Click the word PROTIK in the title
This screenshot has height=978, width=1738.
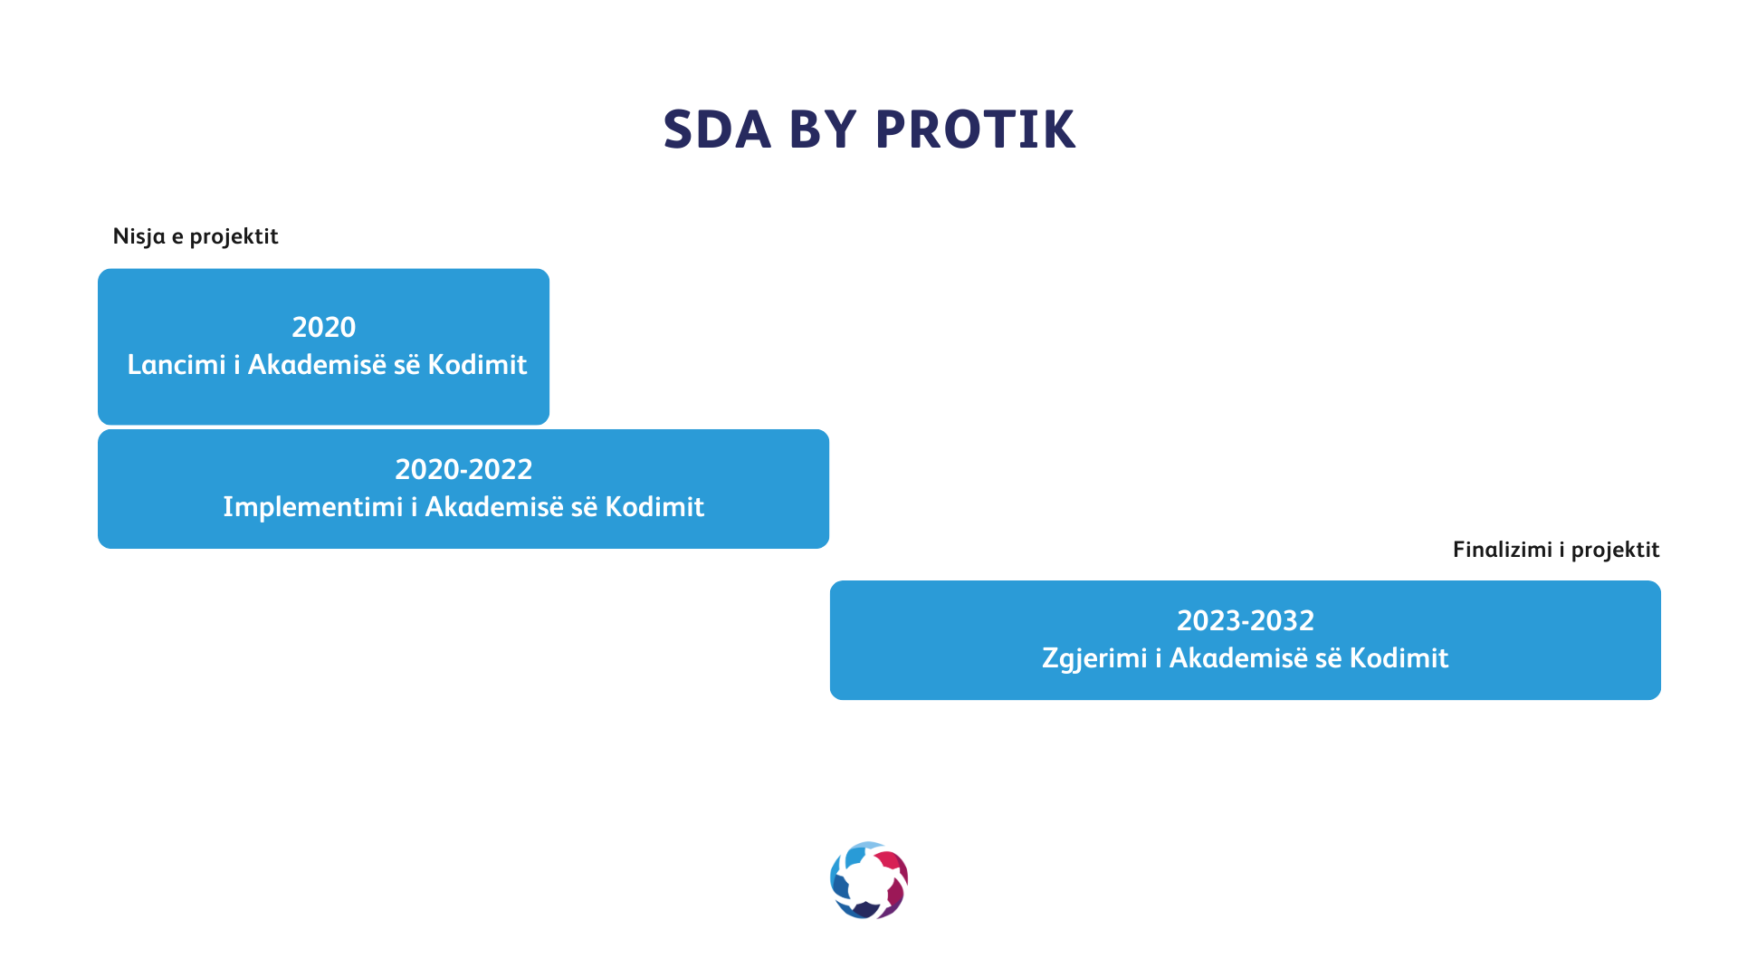pyautogui.click(x=975, y=129)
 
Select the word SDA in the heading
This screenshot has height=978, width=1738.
pyautogui.click(x=717, y=129)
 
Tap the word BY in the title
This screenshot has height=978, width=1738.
pyautogui.click(x=822, y=129)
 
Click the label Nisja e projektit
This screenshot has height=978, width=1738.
pyautogui.click(x=196, y=236)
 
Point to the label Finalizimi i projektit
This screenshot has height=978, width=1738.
pyautogui.click(x=1556, y=550)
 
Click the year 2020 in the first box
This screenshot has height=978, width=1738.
pyautogui.click(x=324, y=327)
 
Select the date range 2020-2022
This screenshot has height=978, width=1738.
pyautogui.click(x=463, y=469)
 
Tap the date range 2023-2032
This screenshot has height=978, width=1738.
pyautogui.click(x=1246, y=620)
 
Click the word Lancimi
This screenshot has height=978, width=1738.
pyautogui.click(x=177, y=364)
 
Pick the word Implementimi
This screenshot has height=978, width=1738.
pyautogui.click(x=313, y=507)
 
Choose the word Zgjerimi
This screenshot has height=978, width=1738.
pyautogui.click(x=1094, y=658)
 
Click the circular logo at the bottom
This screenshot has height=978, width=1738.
pyautogui.click(x=869, y=880)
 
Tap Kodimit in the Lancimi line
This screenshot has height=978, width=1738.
pyautogui.click(x=477, y=364)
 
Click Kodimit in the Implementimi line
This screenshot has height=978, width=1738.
pyautogui.click(x=654, y=507)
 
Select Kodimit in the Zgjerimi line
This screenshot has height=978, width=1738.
pyautogui.click(x=1399, y=658)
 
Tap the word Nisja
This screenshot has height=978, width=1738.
pyautogui.click(x=139, y=236)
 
